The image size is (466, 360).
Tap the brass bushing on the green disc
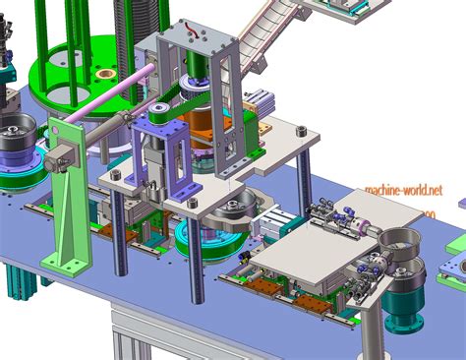pos(104,74)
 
